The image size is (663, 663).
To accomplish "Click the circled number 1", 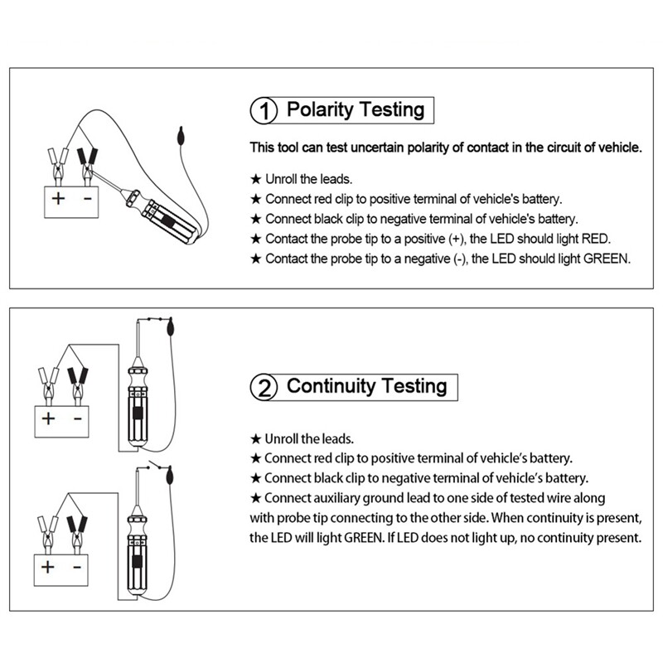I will (x=264, y=111).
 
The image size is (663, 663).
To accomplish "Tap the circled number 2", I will (x=264, y=387).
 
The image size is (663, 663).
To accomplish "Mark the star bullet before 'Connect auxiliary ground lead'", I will (x=256, y=498).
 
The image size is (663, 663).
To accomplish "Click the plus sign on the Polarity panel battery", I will (x=58, y=199).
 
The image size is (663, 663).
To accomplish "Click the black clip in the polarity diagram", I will (x=85, y=160).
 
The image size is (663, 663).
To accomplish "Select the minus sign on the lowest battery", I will (x=77, y=568).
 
